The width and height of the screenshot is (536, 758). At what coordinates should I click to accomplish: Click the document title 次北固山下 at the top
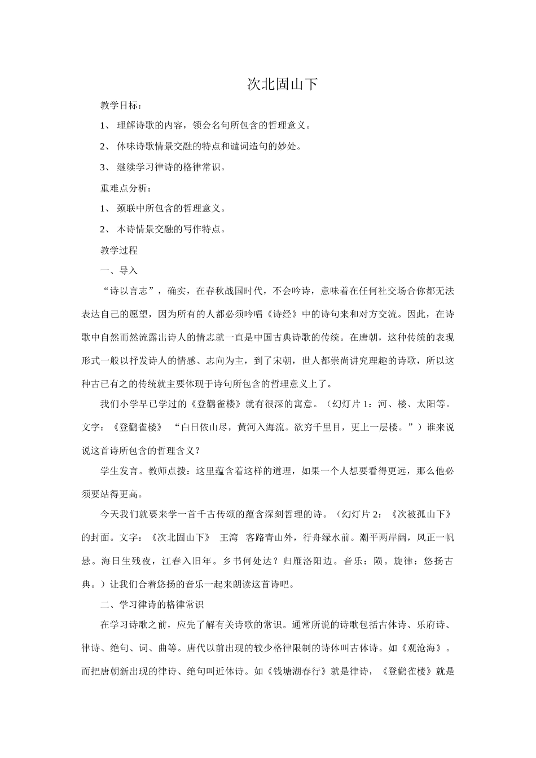click(283, 85)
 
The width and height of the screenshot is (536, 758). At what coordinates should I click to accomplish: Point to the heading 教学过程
click(119, 250)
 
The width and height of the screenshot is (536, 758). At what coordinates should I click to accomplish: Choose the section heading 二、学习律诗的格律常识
click(152, 604)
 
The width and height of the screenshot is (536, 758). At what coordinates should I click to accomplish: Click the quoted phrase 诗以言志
click(129, 291)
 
